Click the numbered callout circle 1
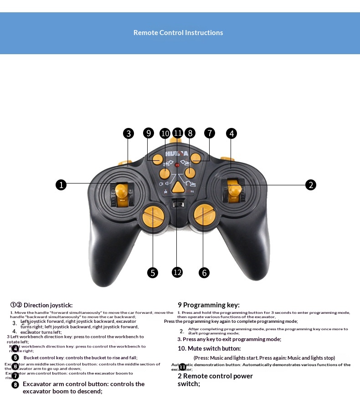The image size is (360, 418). click(61, 184)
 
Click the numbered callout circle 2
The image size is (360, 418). click(310, 184)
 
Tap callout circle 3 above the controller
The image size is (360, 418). click(129, 133)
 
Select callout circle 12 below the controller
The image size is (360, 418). click(177, 272)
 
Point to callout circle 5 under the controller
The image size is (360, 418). click(153, 273)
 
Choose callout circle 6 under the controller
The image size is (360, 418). click(204, 273)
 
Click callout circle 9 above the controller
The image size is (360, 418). click(148, 133)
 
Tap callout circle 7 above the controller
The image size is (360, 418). click(209, 133)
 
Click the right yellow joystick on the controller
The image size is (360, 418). click(233, 191)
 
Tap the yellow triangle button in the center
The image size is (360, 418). click(178, 186)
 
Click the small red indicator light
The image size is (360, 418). click(177, 165)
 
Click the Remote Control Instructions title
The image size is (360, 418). click(178, 33)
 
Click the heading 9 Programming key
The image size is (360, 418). click(208, 305)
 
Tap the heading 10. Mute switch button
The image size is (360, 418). click(209, 348)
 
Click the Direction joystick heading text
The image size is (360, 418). click(48, 305)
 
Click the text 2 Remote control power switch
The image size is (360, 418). click(215, 380)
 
